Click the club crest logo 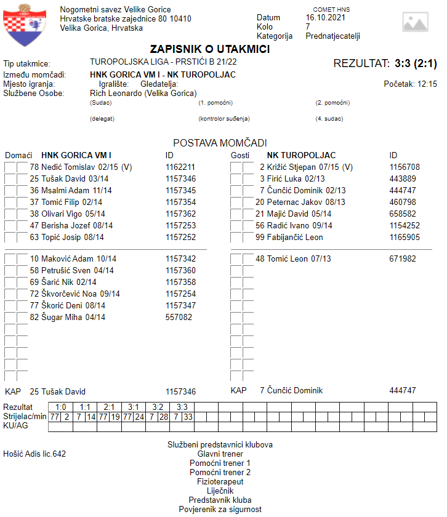click(x=25, y=24)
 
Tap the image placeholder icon click(x=415, y=22)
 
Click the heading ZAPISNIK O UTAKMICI click(x=210, y=49)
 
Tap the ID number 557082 click(x=179, y=317)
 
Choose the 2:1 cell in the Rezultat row click(x=109, y=407)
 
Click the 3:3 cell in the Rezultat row click(x=182, y=407)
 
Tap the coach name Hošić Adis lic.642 click(x=34, y=454)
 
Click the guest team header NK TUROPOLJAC click(x=300, y=154)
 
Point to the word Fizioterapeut click(x=220, y=481)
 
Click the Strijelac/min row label click(x=25, y=417)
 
